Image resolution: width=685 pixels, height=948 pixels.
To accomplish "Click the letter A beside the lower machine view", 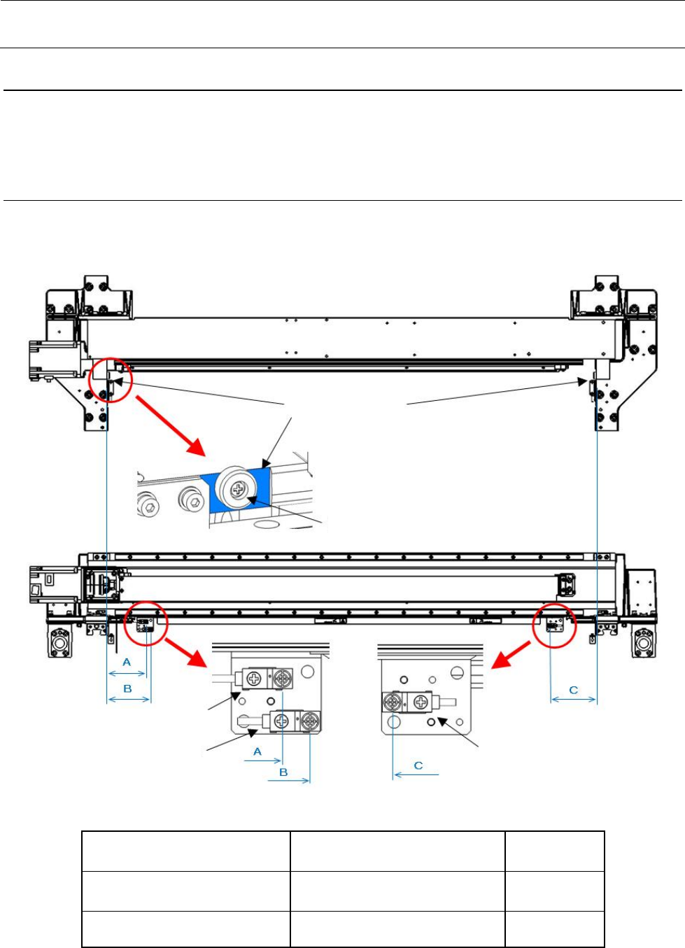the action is [127, 662].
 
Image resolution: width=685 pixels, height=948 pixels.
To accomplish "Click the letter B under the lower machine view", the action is [127, 688].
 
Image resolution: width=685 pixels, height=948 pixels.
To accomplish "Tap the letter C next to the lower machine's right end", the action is [574, 690].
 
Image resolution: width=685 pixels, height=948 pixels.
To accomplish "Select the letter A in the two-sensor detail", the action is [257, 751].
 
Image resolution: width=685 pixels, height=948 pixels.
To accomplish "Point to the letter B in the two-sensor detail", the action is [283, 772].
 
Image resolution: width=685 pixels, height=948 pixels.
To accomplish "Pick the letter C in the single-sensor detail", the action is [418, 765].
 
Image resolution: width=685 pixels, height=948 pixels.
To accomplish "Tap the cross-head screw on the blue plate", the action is [236, 490].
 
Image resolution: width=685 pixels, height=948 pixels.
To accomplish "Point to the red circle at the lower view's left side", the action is [146, 623].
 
